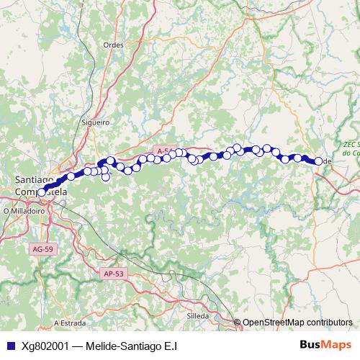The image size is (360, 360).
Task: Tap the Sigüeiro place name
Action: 96,122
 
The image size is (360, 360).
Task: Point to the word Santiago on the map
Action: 34,179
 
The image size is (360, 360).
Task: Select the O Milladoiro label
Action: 25,211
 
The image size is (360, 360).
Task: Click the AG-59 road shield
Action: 42,249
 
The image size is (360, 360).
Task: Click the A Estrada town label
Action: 70,323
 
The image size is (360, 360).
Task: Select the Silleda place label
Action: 197,315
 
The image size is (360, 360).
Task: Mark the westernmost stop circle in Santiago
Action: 42,192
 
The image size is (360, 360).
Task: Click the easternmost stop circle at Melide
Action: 318,161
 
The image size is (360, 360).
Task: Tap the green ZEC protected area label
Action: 351,148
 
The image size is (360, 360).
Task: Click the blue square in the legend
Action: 10,346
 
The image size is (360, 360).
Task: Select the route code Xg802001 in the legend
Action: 45,346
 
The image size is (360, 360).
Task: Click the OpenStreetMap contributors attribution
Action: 297,323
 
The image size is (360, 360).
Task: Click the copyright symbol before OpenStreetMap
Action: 238,323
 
